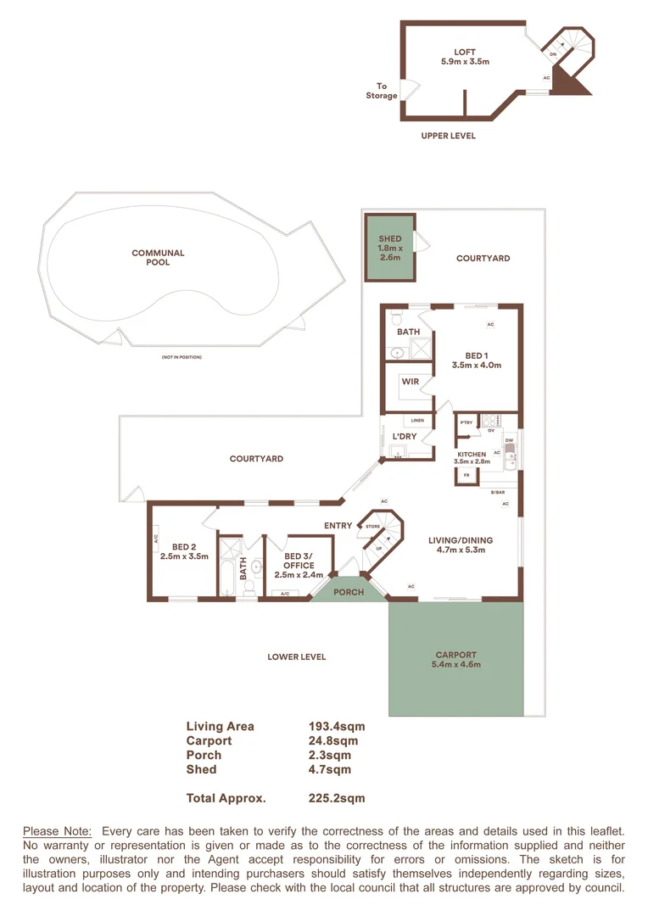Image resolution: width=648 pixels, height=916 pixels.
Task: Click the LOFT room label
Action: (x=465, y=53)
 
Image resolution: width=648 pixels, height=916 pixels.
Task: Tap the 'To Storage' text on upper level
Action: (x=381, y=91)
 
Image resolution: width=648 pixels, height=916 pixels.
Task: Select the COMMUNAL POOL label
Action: (x=158, y=257)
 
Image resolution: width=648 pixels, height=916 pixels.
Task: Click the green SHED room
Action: (x=390, y=249)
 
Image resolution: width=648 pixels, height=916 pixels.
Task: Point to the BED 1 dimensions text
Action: (x=478, y=366)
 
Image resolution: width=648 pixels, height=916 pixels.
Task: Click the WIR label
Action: (x=411, y=382)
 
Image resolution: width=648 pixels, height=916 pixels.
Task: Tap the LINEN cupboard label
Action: (x=417, y=421)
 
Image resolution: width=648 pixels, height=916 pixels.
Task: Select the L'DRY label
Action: (x=403, y=437)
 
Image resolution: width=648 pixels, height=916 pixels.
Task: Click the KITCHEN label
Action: (x=472, y=455)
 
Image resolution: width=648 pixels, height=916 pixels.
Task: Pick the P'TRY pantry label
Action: (x=466, y=422)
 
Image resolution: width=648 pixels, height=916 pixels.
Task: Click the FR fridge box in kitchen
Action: (x=466, y=476)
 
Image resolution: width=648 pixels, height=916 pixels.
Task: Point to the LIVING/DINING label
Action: (x=461, y=540)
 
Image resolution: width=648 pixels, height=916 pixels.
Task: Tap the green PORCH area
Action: (x=349, y=592)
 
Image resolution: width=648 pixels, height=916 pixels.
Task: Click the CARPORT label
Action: (x=456, y=655)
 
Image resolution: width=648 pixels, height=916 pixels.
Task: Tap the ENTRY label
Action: (x=338, y=526)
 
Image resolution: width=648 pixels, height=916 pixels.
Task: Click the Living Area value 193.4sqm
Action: (x=336, y=726)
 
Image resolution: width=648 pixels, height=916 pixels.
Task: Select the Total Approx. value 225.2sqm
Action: (x=336, y=798)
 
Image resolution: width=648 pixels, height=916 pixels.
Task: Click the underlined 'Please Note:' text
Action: (x=57, y=830)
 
